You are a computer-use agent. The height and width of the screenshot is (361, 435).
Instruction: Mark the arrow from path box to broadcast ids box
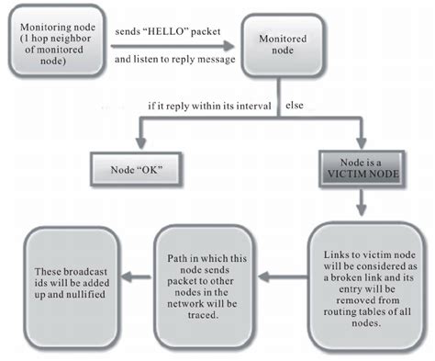[133, 273]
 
